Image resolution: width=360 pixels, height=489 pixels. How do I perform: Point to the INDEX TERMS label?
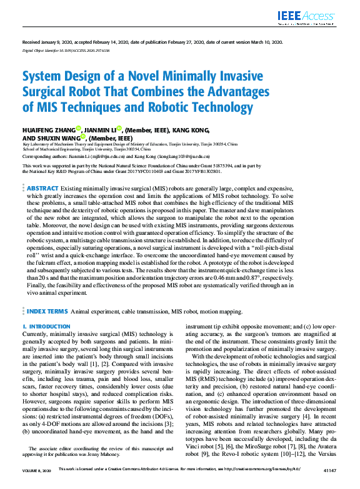click(x=47, y=310)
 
